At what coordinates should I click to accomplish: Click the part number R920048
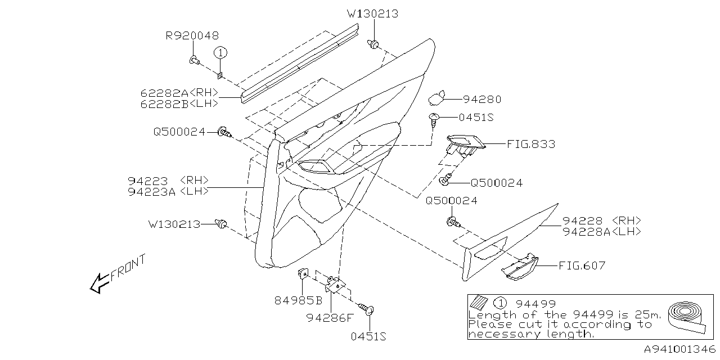(x=192, y=36)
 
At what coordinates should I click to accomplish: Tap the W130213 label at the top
(x=372, y=14)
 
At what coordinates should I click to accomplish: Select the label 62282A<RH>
(x=179, y=93)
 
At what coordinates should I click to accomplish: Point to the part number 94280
(x=481, y=100)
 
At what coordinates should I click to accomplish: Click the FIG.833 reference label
(x=530, y=144)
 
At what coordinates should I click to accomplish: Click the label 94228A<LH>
(x=601, y=231)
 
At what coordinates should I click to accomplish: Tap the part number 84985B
(x=298, y=300)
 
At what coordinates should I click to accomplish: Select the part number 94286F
(x=330, y=318)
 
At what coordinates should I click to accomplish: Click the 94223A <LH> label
(x=168, y=191)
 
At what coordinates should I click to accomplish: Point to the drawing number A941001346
(x=679, y=349)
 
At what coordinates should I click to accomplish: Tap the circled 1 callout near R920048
(x=221, y=52)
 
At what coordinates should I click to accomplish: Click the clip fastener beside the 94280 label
(x=436, y=98)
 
